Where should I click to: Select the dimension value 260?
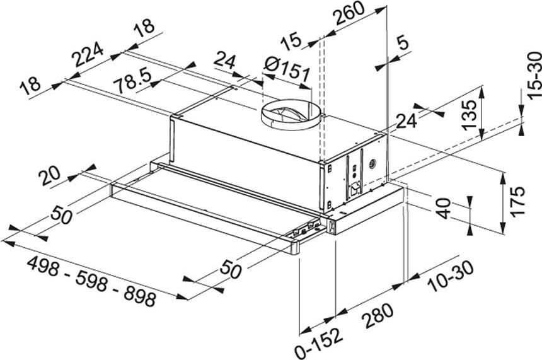click(349, 16)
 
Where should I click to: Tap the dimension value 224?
click(88, 57)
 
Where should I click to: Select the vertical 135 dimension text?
click(469, 115)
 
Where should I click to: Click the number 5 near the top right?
click(402, 44)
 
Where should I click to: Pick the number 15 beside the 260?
click(292, 42)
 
